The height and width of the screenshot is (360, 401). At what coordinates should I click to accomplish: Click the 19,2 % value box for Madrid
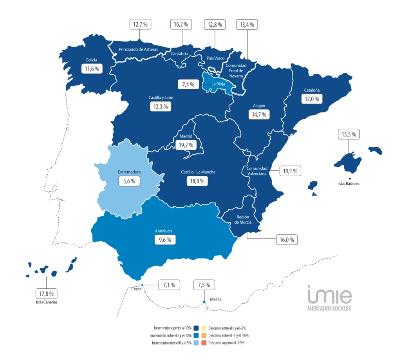(186, 145)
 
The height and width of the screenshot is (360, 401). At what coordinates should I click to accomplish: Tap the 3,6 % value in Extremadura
(129, 181)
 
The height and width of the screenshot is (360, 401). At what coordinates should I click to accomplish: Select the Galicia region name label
(91, 60)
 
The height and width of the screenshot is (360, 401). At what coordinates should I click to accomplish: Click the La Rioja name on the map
(218, 84)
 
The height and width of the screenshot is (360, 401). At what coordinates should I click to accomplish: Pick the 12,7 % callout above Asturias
(140, 24)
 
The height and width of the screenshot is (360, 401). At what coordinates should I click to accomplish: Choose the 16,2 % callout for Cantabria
(181, 24)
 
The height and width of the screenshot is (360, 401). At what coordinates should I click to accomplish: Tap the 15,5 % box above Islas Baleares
(349, 134)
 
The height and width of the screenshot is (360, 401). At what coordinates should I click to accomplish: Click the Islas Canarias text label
(47, 302)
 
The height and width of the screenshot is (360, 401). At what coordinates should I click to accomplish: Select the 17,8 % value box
(46, 293)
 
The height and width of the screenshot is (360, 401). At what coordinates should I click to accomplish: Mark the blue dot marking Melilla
(204, 302)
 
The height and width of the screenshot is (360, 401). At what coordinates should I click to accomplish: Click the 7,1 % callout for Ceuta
(169, 285)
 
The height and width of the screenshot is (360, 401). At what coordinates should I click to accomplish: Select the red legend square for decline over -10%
(204, 343)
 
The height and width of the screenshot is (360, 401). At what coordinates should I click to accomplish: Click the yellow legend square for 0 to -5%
(204, 328)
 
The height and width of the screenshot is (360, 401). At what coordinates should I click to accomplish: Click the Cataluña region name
(312, 90)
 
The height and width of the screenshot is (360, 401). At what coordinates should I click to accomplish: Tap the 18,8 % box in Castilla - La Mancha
(197, 181)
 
